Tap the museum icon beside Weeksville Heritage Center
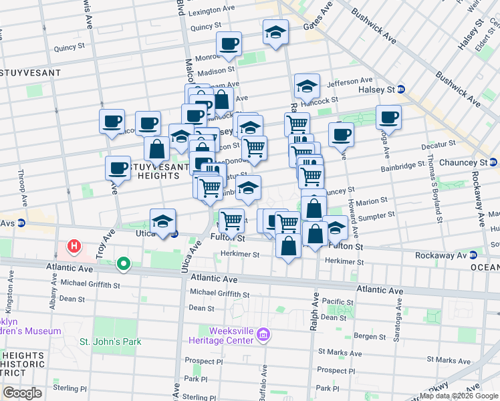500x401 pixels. click(x=263, y=334)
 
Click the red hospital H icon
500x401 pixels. click(x=74, y=247)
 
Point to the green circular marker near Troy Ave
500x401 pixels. click(x=123, y=265)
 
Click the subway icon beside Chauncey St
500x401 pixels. click(x=493, y=162)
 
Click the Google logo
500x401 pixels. click(x=22, y=393)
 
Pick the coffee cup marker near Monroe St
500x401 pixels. click(x=229, y=44)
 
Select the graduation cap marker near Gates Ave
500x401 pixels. click(x=275, y=33)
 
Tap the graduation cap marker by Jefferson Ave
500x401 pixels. click(x=307, y=86)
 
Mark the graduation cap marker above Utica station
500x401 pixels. click(x=162, y=221)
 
